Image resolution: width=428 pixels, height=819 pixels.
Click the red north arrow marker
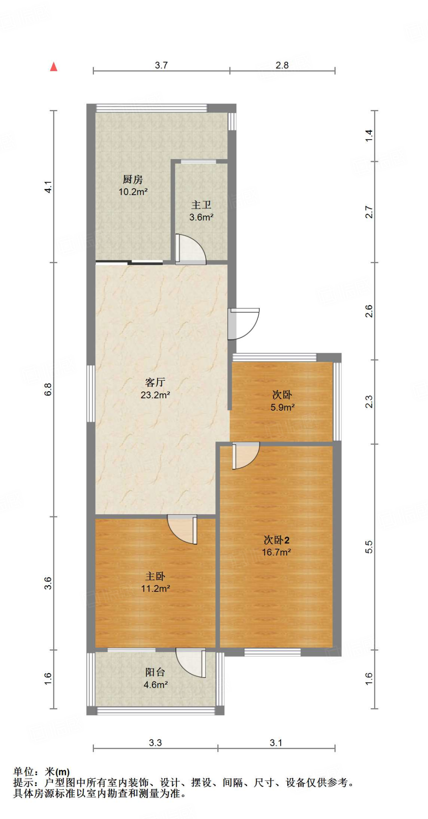coord(54,67)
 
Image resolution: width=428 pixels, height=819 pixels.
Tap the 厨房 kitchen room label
coord(133,180)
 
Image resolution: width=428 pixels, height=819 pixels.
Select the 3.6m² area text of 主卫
coord(201,218)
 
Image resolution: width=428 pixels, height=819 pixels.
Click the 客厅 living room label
coord(155,383)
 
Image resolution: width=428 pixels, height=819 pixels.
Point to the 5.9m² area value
coord(283,408)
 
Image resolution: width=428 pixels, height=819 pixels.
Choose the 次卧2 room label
coord(276,540)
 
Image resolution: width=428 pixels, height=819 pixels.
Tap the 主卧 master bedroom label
coord(155,576)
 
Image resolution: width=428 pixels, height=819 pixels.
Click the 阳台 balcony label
coord(155,672)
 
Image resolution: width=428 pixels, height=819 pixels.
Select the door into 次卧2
coord(245,455)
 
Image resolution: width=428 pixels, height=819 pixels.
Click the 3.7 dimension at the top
coord(161,65)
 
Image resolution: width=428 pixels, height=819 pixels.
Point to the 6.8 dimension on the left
coord(48,389)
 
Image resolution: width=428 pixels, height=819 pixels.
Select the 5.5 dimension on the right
coord(369,547)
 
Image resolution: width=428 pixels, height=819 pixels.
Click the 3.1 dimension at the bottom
coord(276,743)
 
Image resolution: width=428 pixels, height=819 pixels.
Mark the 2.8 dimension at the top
coord(282,65)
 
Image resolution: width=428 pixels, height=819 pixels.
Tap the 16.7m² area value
coord(276,552)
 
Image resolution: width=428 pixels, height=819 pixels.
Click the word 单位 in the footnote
coord(23,771)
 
